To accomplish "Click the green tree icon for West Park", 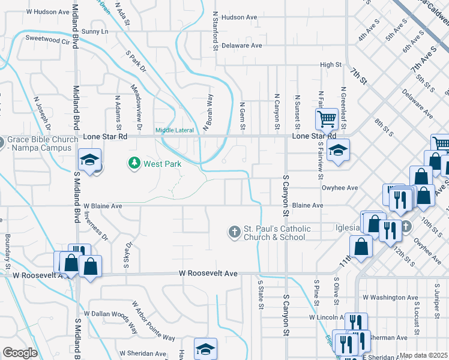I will (134, 163).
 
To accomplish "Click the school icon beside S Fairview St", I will (339, 150).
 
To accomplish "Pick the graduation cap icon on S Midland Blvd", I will (89, 160).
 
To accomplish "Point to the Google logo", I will (20, 352).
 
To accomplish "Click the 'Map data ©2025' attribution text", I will (423, 355).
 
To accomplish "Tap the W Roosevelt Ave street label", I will (208, 274).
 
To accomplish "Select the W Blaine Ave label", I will (103, 206).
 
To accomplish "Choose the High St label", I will (331, 65).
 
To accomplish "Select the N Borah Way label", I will (207, 112).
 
